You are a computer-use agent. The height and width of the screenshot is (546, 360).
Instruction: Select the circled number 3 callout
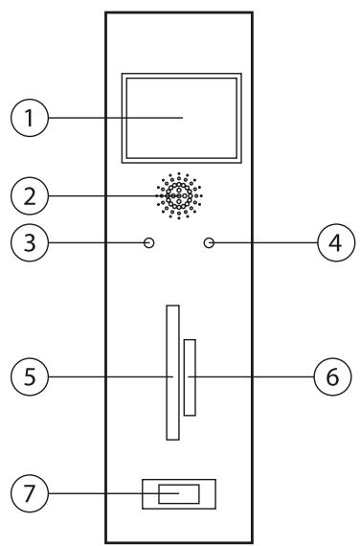tap(27, 243)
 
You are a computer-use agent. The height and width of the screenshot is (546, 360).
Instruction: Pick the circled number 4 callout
tap(331, 243)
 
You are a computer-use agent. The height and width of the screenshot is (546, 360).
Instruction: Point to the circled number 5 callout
tap(27, 376)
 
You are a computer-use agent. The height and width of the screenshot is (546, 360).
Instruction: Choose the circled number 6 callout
tap(331, 376)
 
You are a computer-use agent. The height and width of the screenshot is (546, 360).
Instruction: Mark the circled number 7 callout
tap(27, 494)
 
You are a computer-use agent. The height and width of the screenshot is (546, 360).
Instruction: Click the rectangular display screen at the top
tap(180, 117)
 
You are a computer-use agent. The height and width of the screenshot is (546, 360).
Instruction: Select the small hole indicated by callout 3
tap(148, 243)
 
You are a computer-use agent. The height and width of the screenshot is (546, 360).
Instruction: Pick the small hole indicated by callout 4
tap(209, 243)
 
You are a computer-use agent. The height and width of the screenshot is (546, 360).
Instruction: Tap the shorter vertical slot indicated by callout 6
tap(191, 376)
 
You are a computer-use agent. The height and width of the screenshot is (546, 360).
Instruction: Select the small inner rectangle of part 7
tap(179, 494)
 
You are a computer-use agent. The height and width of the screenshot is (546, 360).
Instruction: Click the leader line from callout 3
tap(91, 243)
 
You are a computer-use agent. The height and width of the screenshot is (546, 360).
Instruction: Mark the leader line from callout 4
tap(263, 243)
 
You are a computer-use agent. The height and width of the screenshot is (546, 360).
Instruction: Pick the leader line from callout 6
tap(254, 376)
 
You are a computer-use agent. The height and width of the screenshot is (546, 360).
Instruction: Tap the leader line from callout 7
tap(96, 494)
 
